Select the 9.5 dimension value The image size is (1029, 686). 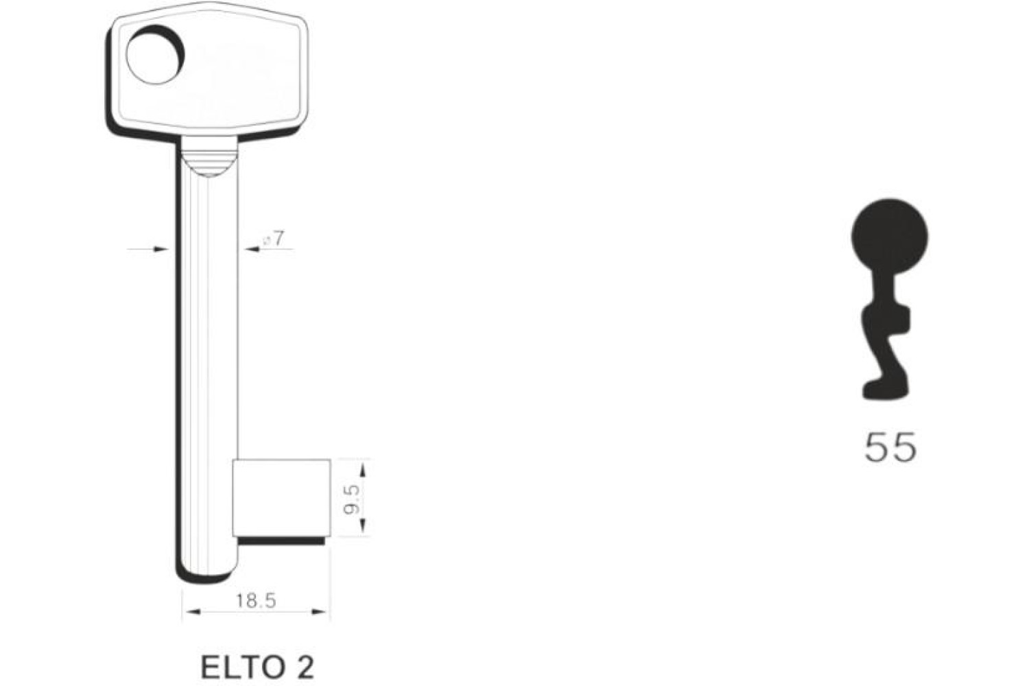point(353,501)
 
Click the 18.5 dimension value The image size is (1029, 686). point(256,600)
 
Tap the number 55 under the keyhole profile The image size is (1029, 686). point(890,447)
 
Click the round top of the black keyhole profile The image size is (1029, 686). point(889,237)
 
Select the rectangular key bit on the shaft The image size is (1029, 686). point(281,497)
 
